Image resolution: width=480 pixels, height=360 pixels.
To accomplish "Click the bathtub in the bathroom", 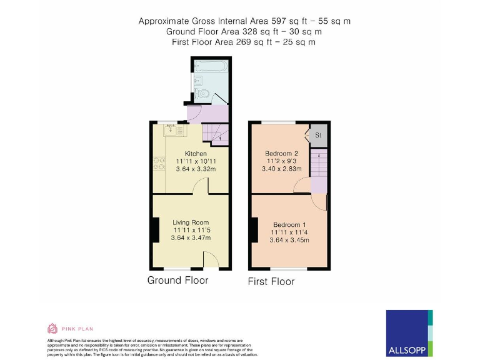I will tap(211, 66).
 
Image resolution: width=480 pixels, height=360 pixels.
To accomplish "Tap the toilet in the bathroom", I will tap(202, 94).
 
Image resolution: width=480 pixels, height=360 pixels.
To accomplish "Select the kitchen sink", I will tap(171, 129).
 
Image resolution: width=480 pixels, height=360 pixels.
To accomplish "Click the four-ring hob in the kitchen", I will tap(157, 164).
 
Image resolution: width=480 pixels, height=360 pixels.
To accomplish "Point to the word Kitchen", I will tap(195, 154).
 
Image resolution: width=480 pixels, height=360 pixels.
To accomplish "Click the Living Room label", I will tap(191, 222).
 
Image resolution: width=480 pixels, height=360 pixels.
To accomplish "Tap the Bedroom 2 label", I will tap(281, 153).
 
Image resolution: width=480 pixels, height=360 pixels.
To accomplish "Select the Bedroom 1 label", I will tap(289, 225).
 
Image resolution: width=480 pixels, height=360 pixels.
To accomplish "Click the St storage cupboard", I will tap(318, 135).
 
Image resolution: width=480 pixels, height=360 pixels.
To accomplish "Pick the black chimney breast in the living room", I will tap(154, 229).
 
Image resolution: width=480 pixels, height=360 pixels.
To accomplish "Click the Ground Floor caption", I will tap(177, 280).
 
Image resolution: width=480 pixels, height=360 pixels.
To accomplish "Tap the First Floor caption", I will tap(271, 281).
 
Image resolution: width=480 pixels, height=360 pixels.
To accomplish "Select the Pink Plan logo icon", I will tap(52, 328).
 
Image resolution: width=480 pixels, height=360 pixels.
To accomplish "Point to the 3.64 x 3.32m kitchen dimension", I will tap(195, 169).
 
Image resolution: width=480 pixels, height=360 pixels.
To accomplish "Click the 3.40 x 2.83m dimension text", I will tap(281, 168).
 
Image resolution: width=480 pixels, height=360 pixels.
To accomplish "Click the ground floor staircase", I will tap(216, 133).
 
